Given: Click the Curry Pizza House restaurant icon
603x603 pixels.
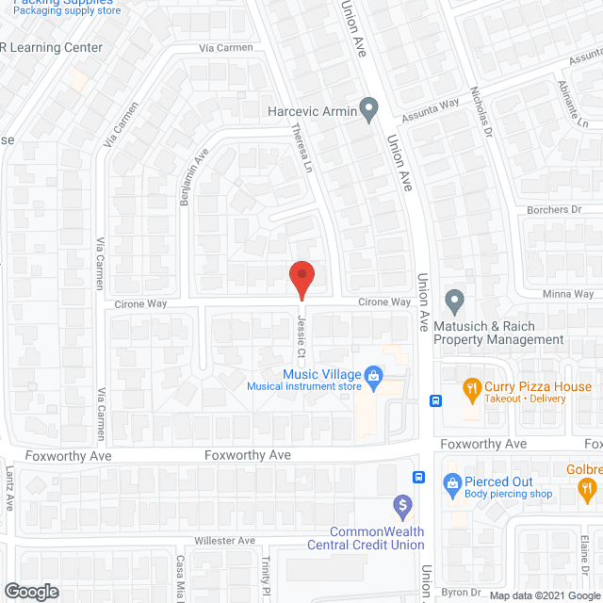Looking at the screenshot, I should pos(471,387).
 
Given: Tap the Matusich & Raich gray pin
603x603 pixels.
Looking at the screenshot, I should pos(454,303).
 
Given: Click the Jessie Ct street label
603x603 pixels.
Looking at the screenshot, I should pos(302,339).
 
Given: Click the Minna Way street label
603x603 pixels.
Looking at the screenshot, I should pos(569,294).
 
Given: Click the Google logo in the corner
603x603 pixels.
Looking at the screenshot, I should pos(30,591).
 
